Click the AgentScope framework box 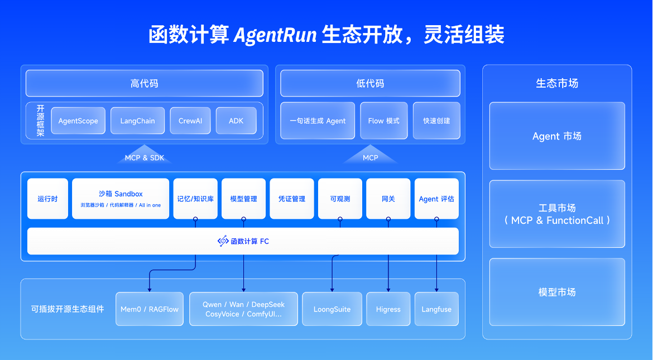(x=78, y=121)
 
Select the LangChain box (x=137, y=121)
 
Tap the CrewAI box (x=190, y=121)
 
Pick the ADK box (x=236, y=121)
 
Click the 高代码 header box (x=145, y=83)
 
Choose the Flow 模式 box (x=383, y=121)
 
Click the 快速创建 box (x=436, y=121)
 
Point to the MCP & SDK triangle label (x=145, y=158)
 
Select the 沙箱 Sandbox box (x=121, y=199)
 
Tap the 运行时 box (x=47, y=199)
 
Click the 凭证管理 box (x=292, y=199)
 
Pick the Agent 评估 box (x=436, y=199)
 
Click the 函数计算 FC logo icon (x=223, y=241)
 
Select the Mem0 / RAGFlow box (x=150, y=309)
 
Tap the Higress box (x=388, y=309)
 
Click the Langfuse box (x=436, y=309)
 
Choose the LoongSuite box (x=332, y=309)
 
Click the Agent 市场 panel (x=557, y=136)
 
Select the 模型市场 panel (x=557, y=292)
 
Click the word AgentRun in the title (x=275, y=35)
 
